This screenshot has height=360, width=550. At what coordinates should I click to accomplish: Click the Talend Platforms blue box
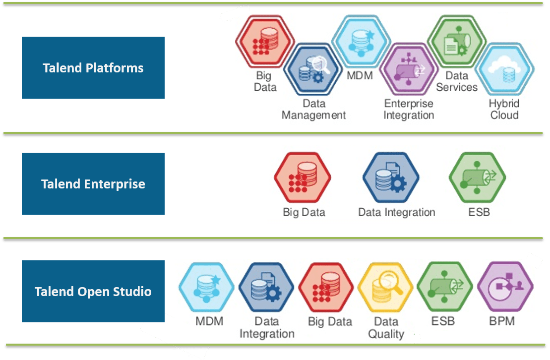point(93,68)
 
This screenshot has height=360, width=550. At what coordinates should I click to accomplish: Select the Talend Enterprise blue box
point(93,183)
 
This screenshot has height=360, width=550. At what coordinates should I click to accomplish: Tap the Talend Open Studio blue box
point(93,291)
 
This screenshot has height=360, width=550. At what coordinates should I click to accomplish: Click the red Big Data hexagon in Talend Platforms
point(265,41)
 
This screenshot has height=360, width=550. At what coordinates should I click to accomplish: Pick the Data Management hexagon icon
point(312,69)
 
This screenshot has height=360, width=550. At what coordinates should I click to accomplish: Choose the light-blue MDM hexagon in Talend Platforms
point(361,41)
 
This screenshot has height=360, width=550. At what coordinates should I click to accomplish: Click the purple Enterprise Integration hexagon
point(409,69)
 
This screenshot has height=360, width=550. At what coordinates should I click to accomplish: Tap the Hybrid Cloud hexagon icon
point(505,69)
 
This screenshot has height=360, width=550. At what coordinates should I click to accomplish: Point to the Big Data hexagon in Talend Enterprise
point(303,177)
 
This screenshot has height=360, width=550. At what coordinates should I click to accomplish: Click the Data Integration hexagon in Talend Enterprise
point(391,177)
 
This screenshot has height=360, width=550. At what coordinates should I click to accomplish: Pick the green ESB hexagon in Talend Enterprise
point(478,177)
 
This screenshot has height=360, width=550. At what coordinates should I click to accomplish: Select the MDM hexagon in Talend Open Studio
point(206,287)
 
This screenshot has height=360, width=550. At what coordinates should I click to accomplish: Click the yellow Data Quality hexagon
point(385,287)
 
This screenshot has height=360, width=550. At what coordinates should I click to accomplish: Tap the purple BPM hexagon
point(505,286)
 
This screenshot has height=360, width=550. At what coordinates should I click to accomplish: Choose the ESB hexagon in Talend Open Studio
point(445,286)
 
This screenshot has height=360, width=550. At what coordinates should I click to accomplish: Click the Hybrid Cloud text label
point(504,109)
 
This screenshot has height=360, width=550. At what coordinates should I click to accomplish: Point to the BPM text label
point(502,321)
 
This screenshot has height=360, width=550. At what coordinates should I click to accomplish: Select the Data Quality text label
point(386,328)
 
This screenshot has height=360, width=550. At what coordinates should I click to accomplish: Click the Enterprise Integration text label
point(409,109)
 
